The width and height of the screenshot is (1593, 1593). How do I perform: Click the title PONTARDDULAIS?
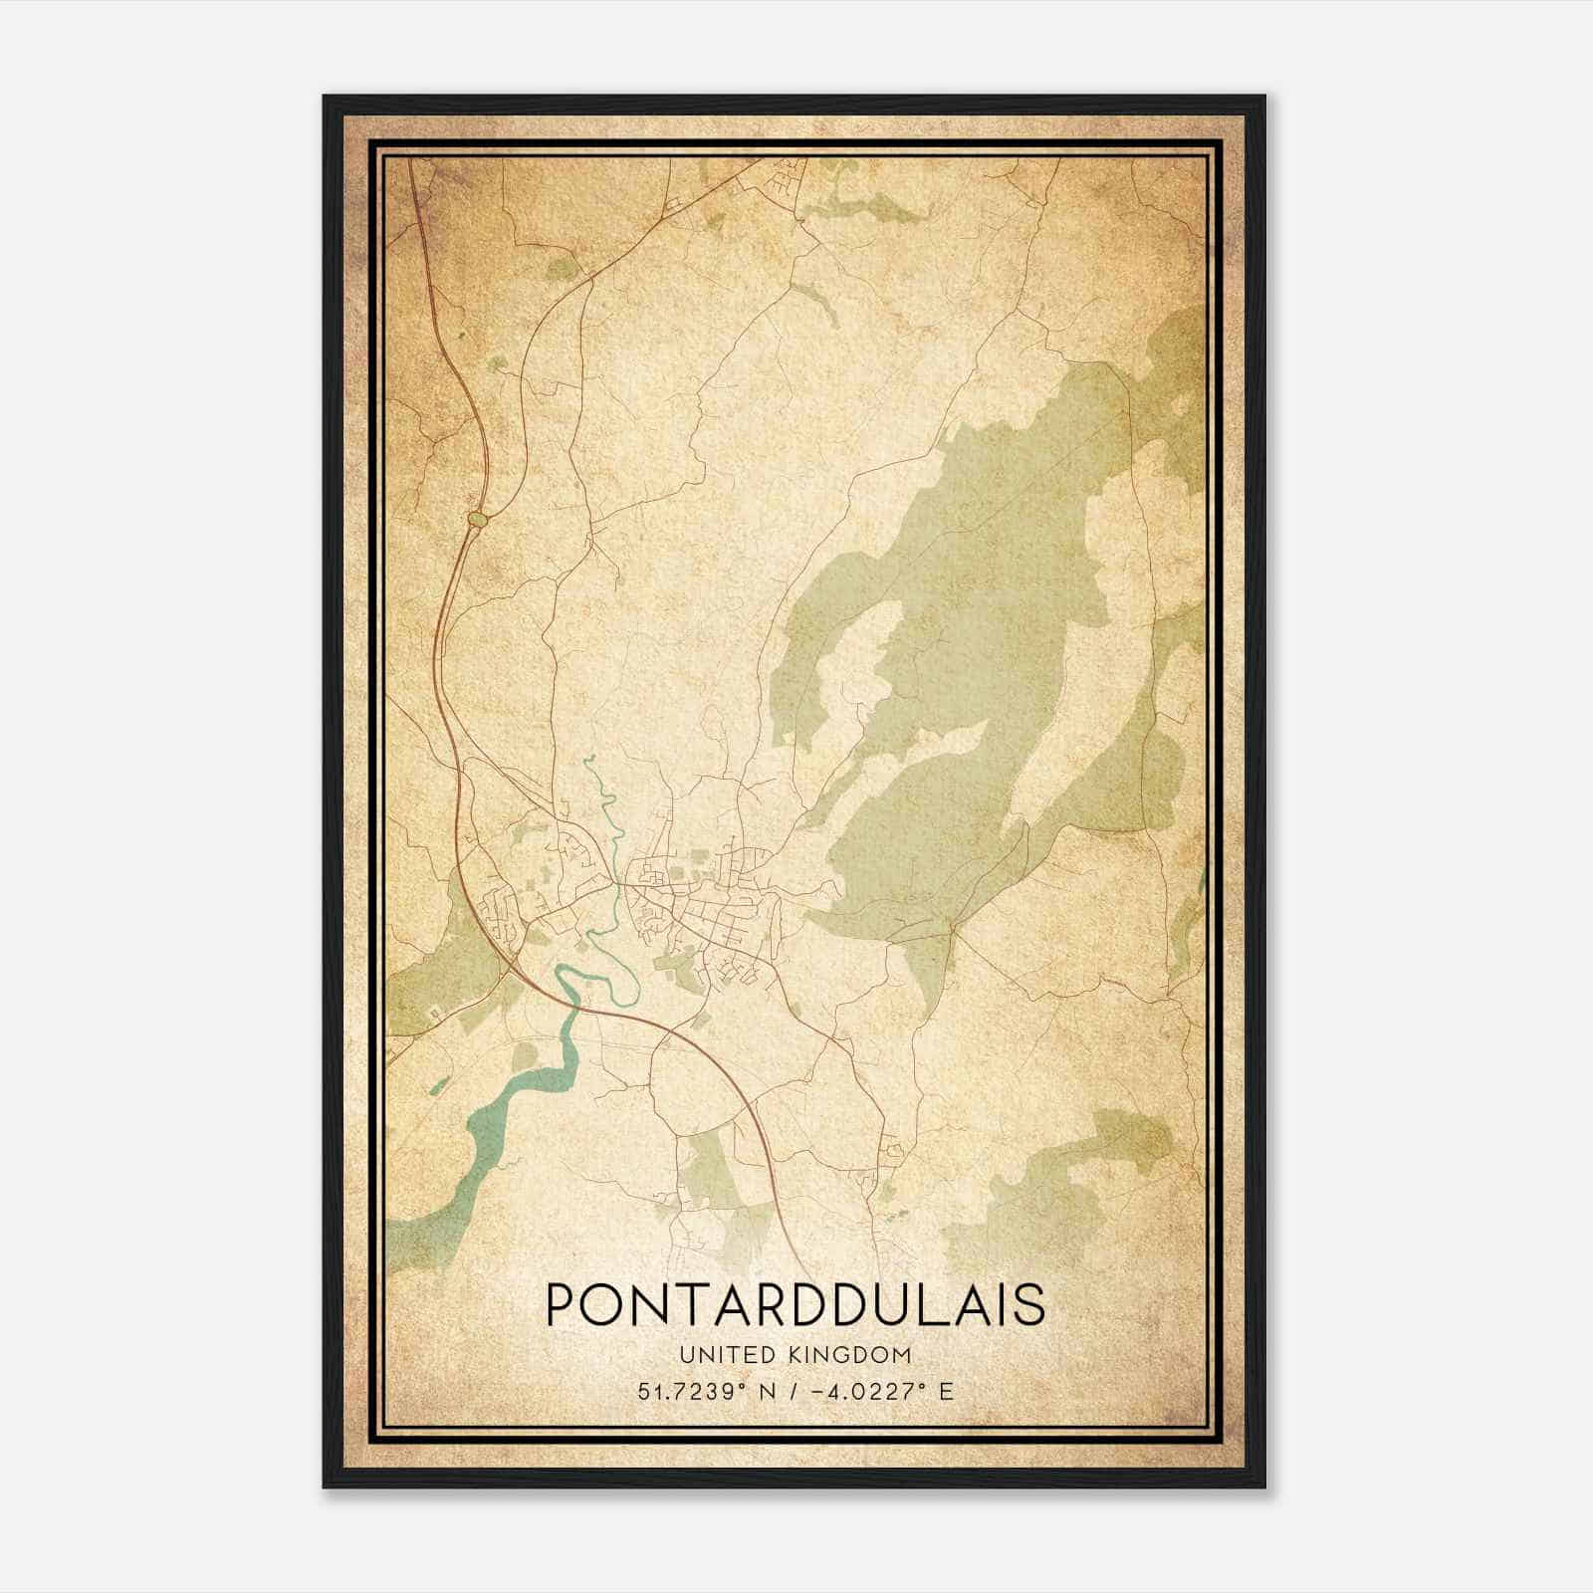(796, 1304)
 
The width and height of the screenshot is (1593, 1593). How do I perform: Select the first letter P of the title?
(564, 1304)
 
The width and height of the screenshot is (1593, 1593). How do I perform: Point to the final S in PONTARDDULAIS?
(1029, 1304)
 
